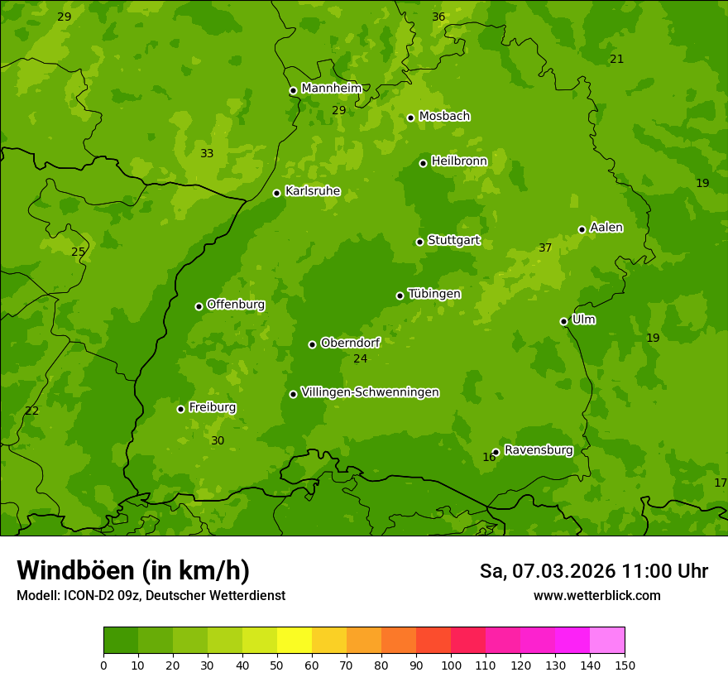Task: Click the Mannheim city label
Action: tap(331, 88)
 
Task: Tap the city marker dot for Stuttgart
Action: tap(419, 242)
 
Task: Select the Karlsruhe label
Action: tap(312, 191)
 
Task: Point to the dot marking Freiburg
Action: tap(180, 409)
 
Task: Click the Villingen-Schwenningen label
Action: tap(370, 392)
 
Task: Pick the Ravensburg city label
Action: tap(538, 450)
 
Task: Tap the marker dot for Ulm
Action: tap(563, 321)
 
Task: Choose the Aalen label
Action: tap(606, 228)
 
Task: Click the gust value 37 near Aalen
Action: tap(545, 247)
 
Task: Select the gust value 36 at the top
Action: tap(438, 17)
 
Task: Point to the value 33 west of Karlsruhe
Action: tap(207, 153)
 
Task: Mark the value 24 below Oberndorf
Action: tap(360, 358)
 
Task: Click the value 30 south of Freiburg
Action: tap(218, 440)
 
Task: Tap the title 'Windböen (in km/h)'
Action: tap(133, 570)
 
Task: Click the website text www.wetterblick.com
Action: tap(596, 595)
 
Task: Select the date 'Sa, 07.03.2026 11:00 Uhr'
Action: tap(593, 571)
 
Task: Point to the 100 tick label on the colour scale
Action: tap(451, 665)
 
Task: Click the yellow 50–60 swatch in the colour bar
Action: tap(295, 641)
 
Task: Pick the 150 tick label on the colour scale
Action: tap(625, 665)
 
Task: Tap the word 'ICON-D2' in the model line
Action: tap(86, 595)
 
